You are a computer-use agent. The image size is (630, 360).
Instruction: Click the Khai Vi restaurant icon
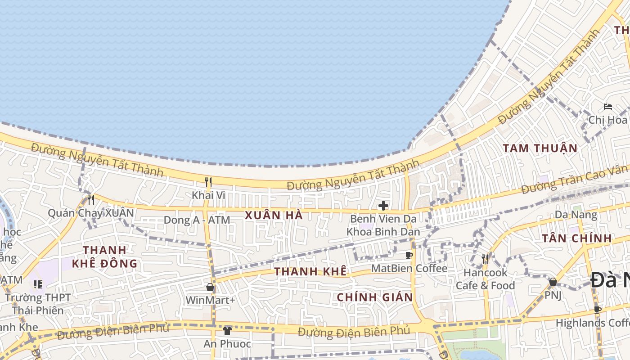208,182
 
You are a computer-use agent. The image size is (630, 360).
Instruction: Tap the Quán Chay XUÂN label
91,213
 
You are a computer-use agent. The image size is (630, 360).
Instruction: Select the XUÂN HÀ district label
274,216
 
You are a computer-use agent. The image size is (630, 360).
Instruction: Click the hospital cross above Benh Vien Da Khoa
383,206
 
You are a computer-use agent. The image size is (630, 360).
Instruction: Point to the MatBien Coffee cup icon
409,256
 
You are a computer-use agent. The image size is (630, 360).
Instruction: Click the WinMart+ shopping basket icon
210,287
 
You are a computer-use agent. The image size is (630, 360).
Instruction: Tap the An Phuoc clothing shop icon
227,331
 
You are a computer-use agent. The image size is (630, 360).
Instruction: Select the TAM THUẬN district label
540,148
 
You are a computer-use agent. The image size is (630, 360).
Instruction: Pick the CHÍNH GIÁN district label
375,297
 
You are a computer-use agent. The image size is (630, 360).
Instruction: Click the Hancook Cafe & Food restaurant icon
485,259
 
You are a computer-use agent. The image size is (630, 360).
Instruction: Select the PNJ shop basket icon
553,282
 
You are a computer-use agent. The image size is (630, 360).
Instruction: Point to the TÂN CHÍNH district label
576,238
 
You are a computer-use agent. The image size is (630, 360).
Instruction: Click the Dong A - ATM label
197,220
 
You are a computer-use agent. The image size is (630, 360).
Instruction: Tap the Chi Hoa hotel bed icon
608,107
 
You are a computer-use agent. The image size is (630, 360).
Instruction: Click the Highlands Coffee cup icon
598,310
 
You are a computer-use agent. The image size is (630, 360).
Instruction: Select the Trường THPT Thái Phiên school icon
38,284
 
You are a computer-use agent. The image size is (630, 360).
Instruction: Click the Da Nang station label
576,215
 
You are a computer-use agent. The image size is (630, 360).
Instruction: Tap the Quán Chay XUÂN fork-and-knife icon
91,199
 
